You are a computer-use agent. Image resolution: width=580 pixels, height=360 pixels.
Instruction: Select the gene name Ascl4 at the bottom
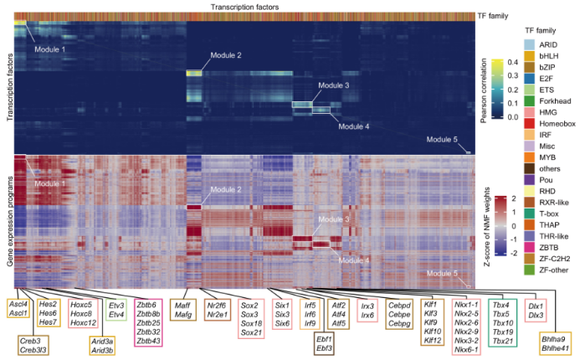point(18,304)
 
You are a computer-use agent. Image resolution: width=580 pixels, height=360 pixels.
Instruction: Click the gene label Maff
point(182,306)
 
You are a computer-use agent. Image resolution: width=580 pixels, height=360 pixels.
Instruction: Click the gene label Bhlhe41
point(553,347)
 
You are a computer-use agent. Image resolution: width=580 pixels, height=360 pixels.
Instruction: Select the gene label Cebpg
point(400,323)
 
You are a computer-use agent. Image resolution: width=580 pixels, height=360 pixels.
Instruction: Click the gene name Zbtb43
point(147,342)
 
